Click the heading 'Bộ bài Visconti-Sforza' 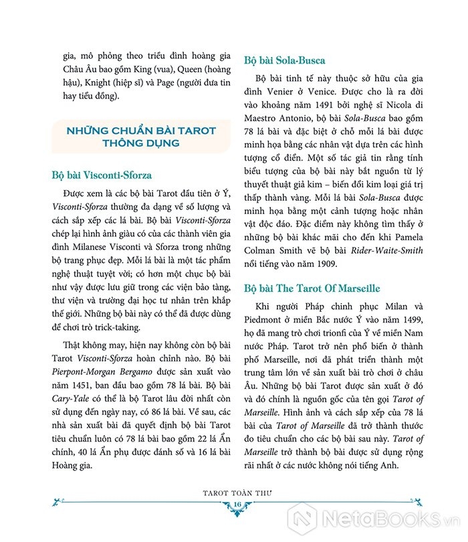pos(102,176)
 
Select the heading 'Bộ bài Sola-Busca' pos(289,58)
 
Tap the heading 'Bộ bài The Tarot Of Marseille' pos(312,288)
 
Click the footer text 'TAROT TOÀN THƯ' pos(237,491)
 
